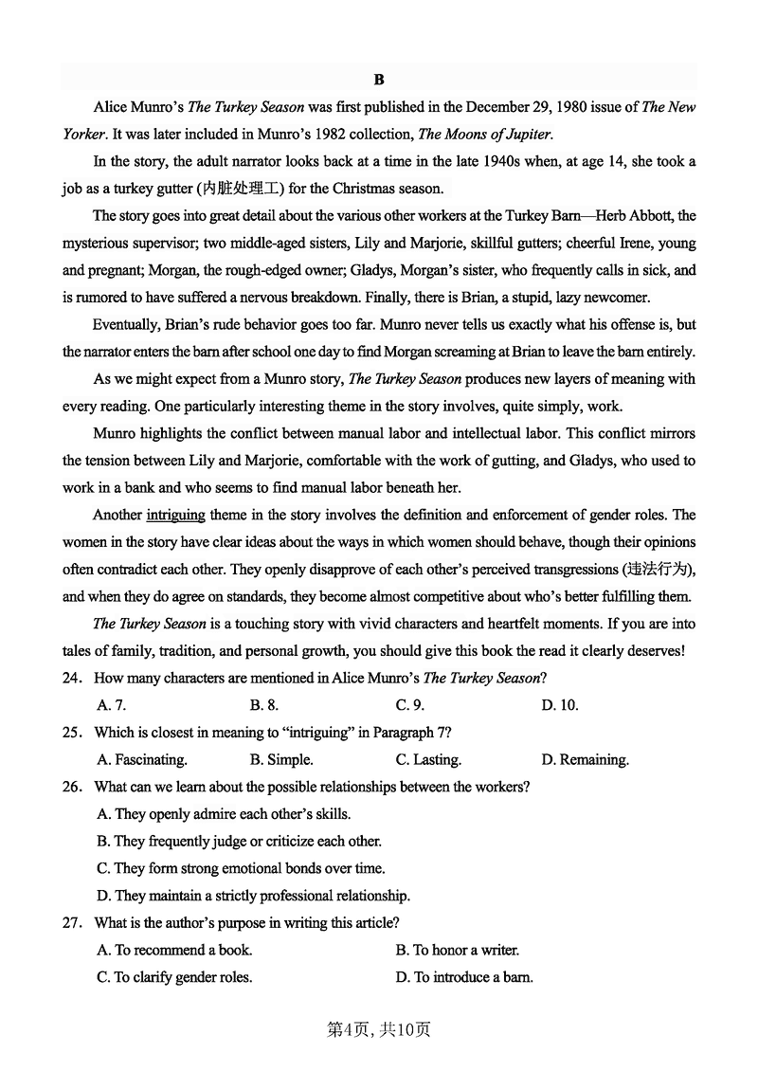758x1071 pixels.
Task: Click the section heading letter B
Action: (x=379, y=80)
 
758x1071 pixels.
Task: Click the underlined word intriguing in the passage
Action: (x=175, y=515)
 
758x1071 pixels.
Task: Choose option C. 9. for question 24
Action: (x=409, y=705)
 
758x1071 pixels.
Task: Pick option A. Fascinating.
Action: (x=142, y=760)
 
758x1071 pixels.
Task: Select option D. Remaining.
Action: (x=585, y=760)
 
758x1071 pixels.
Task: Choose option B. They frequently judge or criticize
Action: (x=239, y=842)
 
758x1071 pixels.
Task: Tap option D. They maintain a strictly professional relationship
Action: (x=253, y=896)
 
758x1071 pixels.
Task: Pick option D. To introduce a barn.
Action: (x=464, y=977)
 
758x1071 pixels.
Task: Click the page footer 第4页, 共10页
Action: (x=379, y=1029)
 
